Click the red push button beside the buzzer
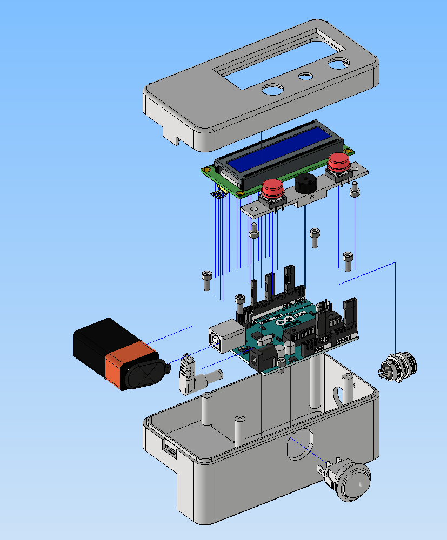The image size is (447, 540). [273, 189]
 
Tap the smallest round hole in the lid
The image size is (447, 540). [306, 76]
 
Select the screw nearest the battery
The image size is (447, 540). [206, 279]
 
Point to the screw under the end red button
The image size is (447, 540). [355, 190]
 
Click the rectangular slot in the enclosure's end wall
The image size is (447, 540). [170, 448]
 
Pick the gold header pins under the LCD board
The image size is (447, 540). [217, 193]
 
